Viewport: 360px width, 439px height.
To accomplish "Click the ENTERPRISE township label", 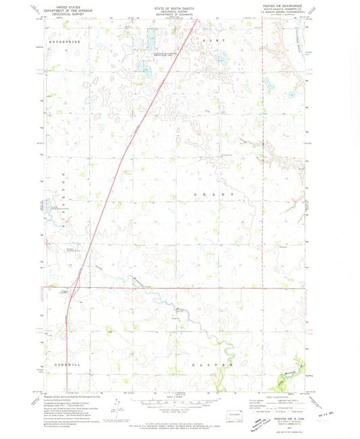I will (x=66, y=42).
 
